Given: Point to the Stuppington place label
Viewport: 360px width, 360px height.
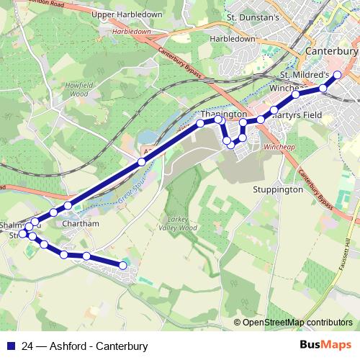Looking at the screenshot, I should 278,190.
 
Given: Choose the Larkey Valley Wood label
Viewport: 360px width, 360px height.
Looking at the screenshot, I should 176,223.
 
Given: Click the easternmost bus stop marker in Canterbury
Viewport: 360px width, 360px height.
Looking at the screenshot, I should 338,74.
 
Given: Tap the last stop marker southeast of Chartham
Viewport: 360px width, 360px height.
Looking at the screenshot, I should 122,266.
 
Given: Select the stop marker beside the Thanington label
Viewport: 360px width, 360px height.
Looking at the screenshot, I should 217,120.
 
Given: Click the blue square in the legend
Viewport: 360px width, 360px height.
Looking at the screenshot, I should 11,346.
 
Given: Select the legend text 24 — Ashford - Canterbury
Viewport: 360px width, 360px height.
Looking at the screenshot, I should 85,346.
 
